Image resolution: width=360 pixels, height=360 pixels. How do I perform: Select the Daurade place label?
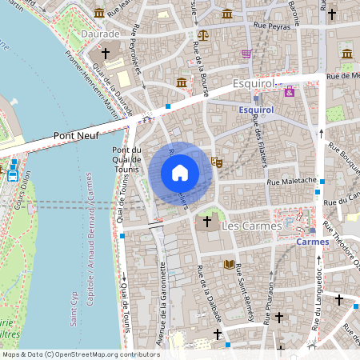(x=100, y=35)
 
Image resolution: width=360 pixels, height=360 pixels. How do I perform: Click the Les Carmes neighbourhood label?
(x=250, y=226)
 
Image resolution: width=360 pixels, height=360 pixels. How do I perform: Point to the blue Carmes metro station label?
(x=312, y=241)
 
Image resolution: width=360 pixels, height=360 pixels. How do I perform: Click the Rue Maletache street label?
(x=291, y=182)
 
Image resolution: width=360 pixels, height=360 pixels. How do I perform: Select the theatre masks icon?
(x=215, y=161)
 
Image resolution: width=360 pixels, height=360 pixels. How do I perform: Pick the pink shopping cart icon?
(x=246, y=54)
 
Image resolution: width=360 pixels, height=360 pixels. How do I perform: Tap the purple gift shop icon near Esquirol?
(x=290, y=92)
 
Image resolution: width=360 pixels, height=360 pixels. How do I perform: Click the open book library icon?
(x=230, y=264)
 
